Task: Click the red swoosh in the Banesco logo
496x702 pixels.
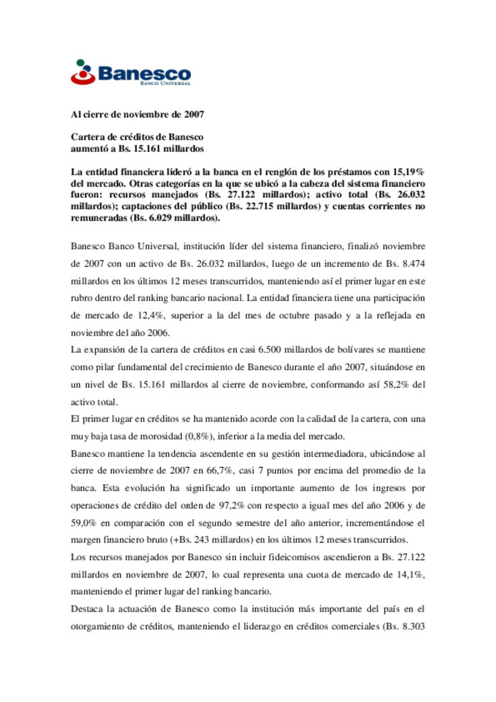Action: click(x=83, y=80)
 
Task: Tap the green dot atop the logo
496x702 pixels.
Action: click(x=80, y=62)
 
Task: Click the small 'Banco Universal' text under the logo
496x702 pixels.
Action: click(x=165, y=84)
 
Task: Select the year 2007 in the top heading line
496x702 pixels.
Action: click(x=194, y=114)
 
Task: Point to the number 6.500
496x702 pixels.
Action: click(x=269, y=350)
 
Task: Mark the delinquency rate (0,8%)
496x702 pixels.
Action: click(x=199, y=436)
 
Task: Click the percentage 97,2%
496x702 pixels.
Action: click(x=231, y=505)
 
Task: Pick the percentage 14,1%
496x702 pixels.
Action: click(x=410, y=575)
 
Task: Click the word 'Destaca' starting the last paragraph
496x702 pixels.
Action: click(x=86, y=609)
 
